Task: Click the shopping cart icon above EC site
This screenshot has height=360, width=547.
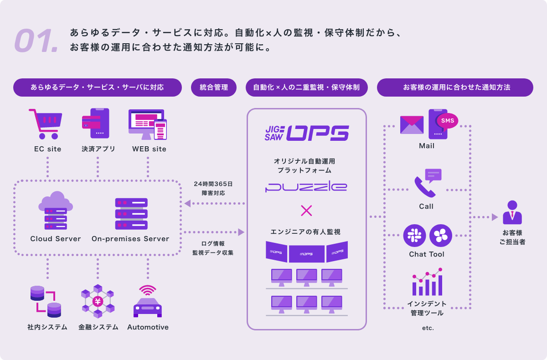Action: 46,123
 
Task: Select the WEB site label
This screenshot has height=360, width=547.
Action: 149,149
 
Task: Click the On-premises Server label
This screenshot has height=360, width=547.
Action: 130,239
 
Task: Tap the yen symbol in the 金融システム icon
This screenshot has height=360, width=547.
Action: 98,301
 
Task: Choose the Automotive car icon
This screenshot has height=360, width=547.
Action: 148,303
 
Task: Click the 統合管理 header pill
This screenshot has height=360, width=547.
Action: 214,87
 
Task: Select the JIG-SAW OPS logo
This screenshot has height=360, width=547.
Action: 307,133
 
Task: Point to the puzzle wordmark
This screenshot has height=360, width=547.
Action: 306,187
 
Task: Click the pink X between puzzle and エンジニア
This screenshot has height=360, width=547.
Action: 307,210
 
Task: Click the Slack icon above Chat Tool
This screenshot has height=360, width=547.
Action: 414,236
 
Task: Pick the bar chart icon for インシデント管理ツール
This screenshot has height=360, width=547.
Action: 427,283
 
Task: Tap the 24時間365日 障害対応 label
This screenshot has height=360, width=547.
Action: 213,188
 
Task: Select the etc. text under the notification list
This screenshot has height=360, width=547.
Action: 428,328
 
